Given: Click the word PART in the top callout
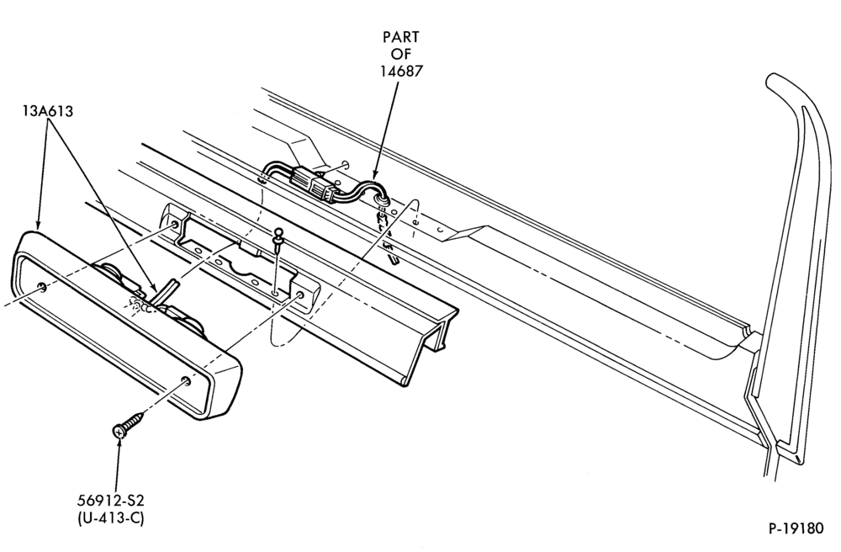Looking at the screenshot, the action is [400, 37].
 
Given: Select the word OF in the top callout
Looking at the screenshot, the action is [401, 54].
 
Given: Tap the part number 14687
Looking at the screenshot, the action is [401, 71].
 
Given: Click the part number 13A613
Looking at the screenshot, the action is [48, 111].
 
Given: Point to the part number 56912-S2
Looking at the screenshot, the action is [111, 501].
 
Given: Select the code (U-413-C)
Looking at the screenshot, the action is [111, 518].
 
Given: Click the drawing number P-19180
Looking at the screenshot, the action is [796, 528].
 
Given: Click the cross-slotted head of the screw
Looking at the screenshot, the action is [119, 430].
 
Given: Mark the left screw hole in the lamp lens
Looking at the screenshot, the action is [43, 289].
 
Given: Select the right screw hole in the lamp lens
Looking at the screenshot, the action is [185, 381].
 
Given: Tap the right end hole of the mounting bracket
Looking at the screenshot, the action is [299, 295].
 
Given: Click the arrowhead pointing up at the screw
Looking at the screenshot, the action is [118, 443].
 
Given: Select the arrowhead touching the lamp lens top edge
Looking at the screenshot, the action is [37, 224].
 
